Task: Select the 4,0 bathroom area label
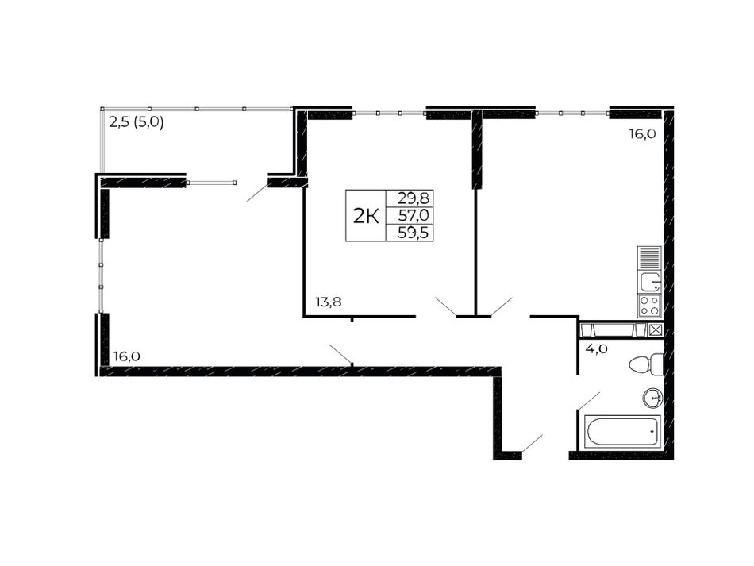pos(596,348)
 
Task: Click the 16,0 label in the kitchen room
pos(642,134)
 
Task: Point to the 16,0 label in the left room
pos(127,356)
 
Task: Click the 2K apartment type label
pos(367,217)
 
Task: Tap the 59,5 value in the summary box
pos(413,233)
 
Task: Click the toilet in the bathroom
pos(646,364)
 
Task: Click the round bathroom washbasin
pos(653,398)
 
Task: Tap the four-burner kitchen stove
pos(649,306)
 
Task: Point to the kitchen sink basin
pos(650,281)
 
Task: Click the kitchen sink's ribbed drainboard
pos(650,258)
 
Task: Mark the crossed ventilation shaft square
pos(656,330)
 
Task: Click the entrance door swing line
pos(533,443)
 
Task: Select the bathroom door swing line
pos(589,401)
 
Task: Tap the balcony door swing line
pos(257,192)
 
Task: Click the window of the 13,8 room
pos(389,114)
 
